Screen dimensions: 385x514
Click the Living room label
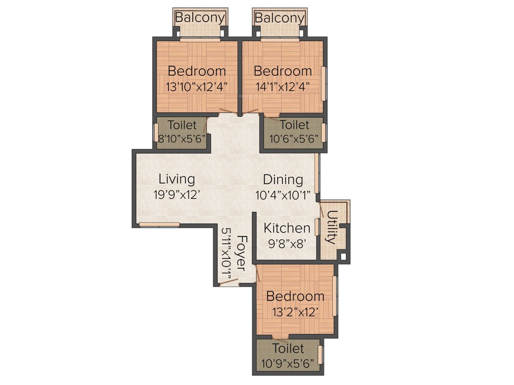pos(177,179)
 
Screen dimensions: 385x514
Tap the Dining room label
pos(283,179)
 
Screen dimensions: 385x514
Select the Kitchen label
pos(287,228)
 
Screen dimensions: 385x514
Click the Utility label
pos(331,227)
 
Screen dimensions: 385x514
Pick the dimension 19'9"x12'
pos(177,195)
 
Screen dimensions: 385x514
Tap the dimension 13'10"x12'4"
pos(197,86)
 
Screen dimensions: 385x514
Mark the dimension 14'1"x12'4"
pos(283,86)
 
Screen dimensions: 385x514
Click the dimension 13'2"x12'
pos(295,312)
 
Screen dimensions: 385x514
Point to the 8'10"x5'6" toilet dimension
pos(181,139)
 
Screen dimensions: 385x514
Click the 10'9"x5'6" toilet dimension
pos(288,363)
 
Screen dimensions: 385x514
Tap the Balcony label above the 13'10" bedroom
pos(200,18)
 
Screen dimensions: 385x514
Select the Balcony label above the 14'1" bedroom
pos(280,18)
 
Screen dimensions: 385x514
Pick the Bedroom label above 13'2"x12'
pos(295,296)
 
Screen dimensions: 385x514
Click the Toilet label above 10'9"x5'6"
pos(288,348)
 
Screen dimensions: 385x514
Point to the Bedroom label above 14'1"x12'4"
pos(283,71)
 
